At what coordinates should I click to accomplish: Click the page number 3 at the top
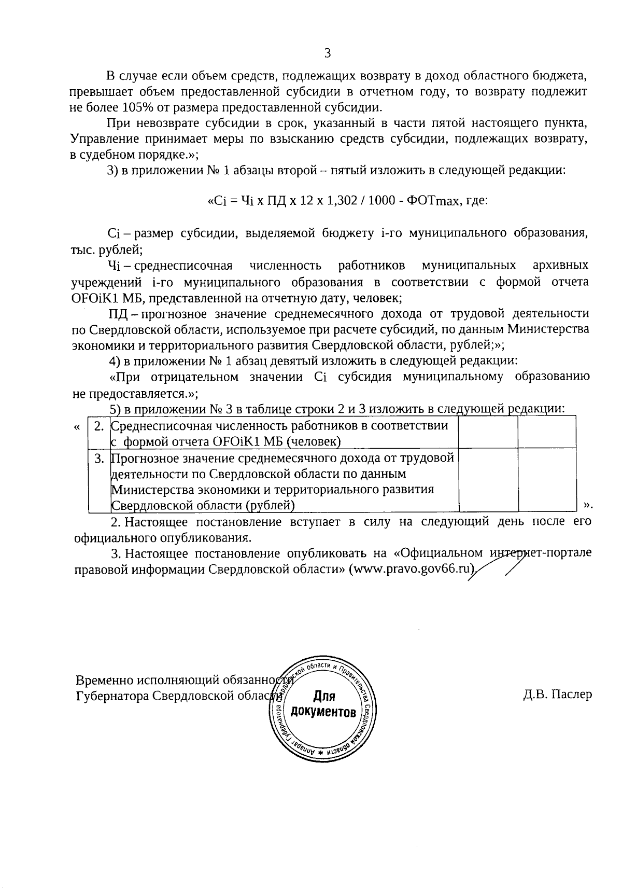coord(327,52)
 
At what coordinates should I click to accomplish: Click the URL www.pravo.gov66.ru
coord(413,568)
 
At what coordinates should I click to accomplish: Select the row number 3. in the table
coord(99,458)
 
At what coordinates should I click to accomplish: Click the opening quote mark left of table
coord(77,427)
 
